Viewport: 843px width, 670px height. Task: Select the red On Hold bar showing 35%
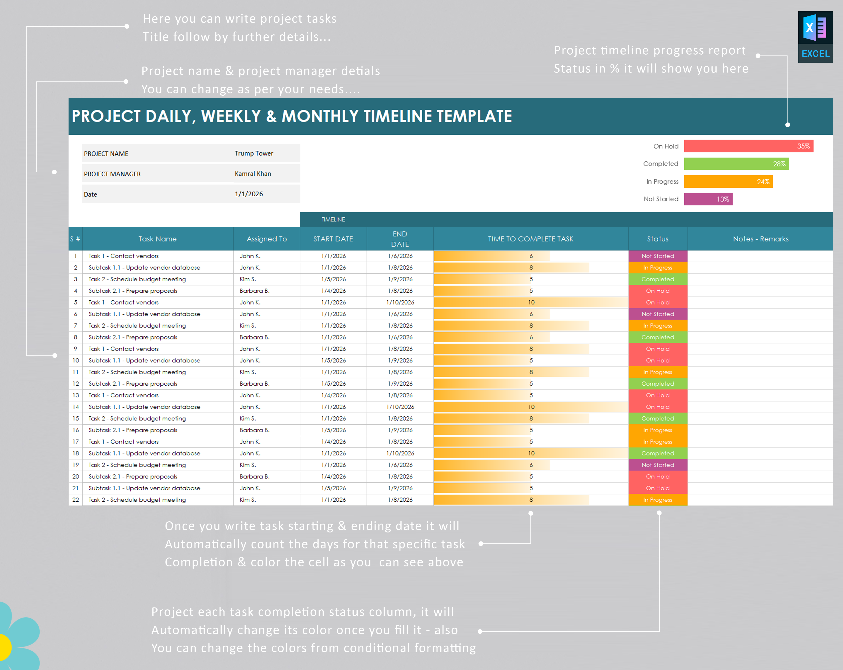click(x=748, y=146)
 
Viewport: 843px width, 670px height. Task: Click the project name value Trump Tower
click(x=254, y=153)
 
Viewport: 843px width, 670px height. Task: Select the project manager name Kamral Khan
click(x=253, y=174)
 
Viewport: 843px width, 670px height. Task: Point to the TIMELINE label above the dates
click(x=333, y=219)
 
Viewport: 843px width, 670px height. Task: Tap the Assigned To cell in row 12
click(x=254, y=384)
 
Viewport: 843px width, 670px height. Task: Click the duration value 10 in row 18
click(x=531, y=453)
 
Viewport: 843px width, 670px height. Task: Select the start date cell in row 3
click(x=333, y=279)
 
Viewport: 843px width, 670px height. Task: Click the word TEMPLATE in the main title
click(x=474, y=116)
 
